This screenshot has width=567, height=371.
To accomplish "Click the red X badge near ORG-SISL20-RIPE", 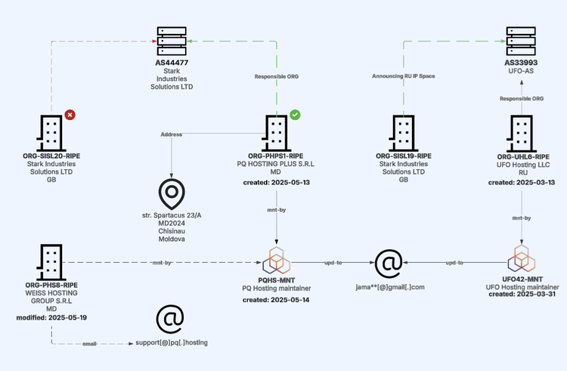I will pos(70,115).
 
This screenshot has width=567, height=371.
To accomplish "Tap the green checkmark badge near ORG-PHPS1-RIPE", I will pos(295,115).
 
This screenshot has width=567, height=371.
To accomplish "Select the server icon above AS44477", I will pos(172,41).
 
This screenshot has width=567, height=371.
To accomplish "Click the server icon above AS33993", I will pos(522,41).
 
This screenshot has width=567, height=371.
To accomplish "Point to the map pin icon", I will pos(172,194).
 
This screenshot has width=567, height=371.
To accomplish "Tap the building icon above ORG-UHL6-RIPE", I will pos(522,132).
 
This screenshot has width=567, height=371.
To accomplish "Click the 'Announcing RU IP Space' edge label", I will pos(403,76).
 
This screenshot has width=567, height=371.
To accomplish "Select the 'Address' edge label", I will pos(172,134).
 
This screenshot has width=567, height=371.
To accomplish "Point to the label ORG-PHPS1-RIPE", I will pos(275,155).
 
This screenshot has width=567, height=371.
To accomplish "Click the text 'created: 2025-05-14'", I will pos(275,301).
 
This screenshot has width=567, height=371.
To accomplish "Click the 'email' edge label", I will pos(89,343).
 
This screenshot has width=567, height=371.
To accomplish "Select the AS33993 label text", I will pos(522,63).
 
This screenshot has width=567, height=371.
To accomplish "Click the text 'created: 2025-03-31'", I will pos(522,295).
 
